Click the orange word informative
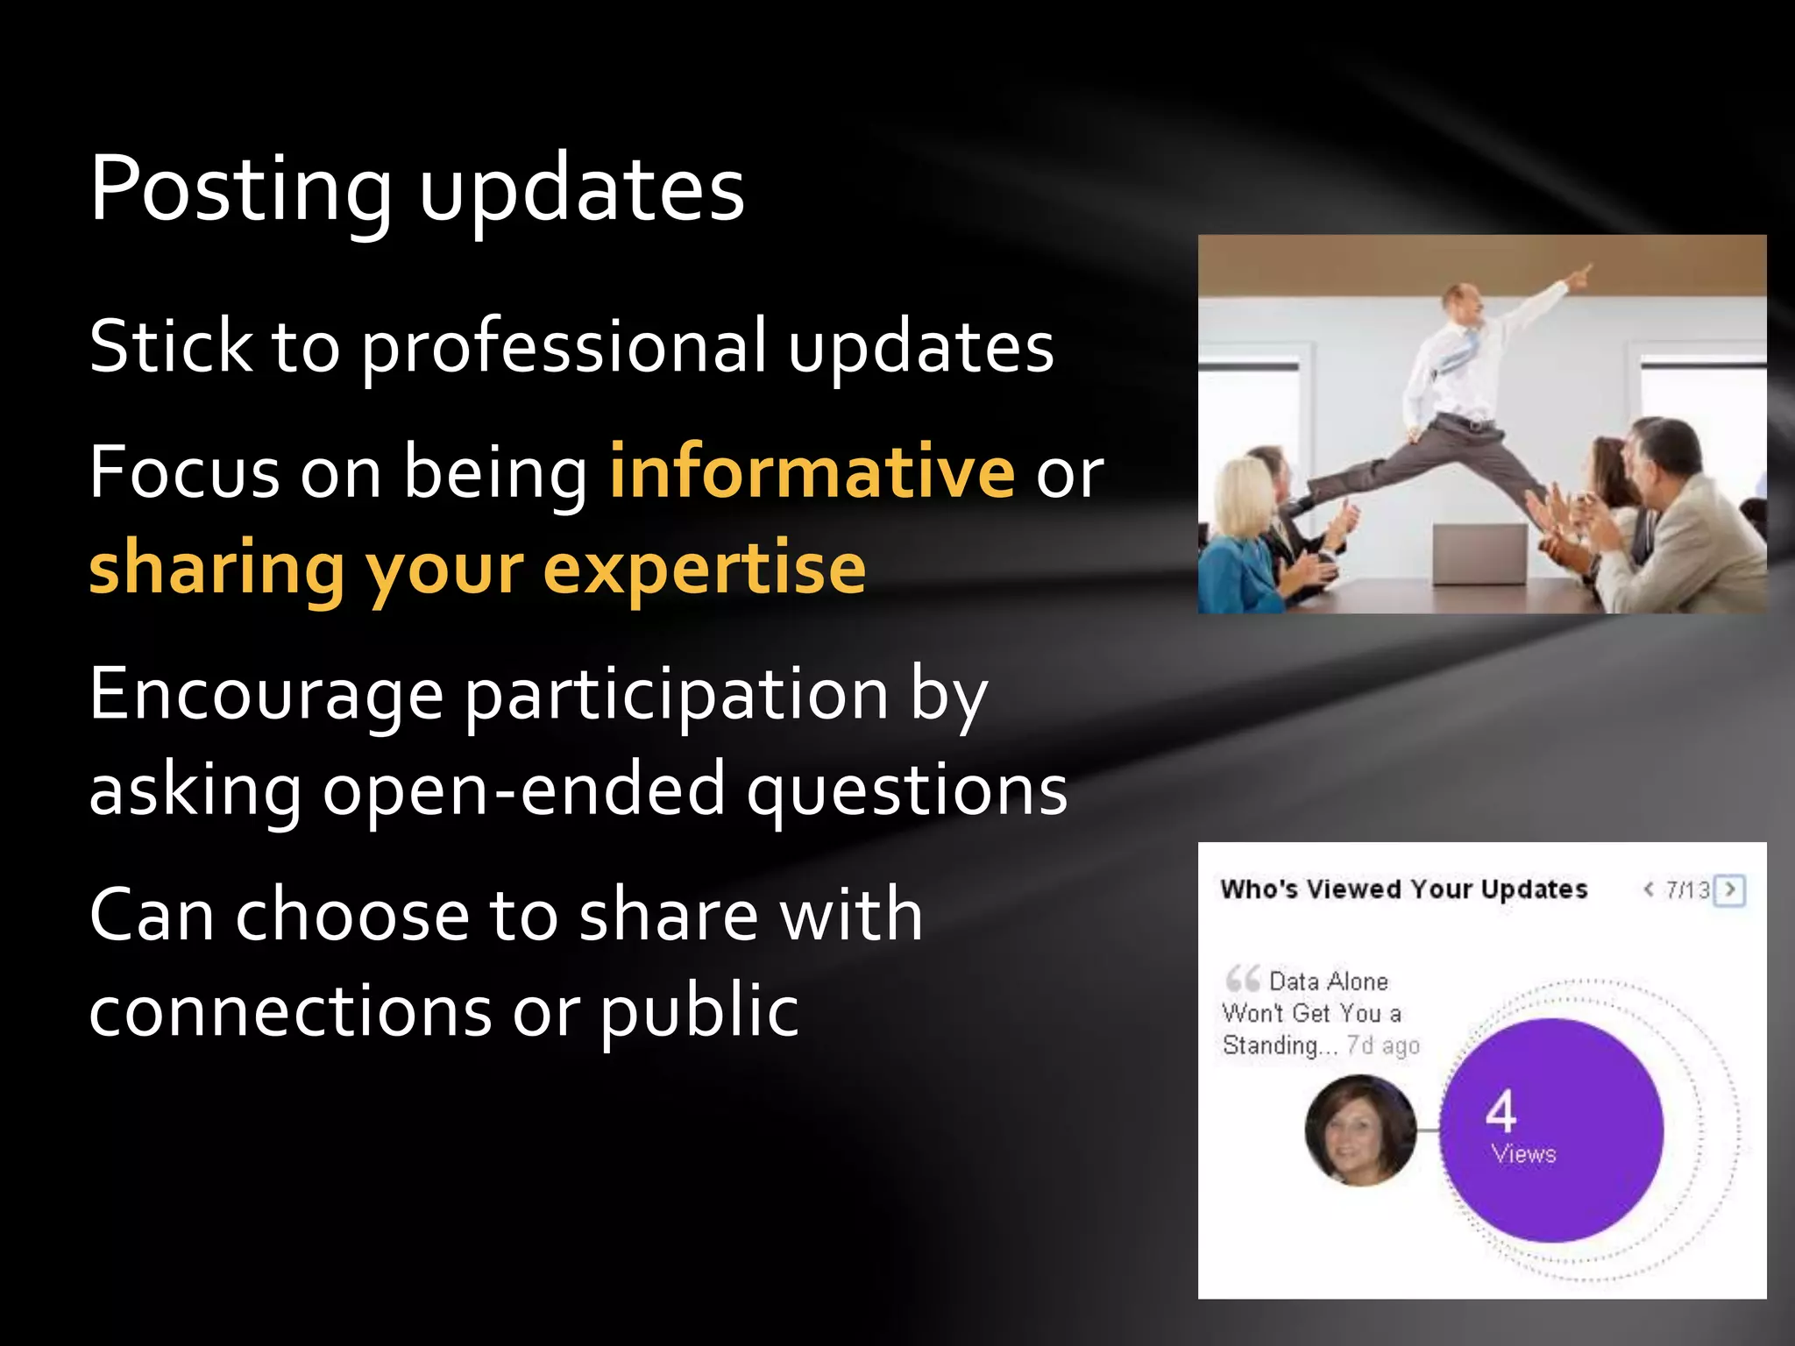tap(812, 472)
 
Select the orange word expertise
tap(705, 569)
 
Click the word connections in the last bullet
tap(290, 1010)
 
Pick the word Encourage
tap(266, 694)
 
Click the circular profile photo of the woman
tap(1360, 1130)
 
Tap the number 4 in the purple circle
tap(1501, 1111)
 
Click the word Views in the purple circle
tap(1523, 1154)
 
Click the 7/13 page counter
tap(1687, 890)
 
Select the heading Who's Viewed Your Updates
tap(1403, 889)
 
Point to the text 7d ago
tap(1383, 1045)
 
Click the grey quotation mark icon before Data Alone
tap(1242, 978)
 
